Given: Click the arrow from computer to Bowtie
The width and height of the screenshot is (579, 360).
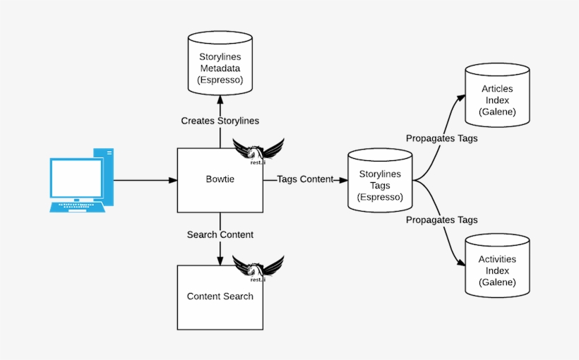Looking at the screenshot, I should coord(145,180).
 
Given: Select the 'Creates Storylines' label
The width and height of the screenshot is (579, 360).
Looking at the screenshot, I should coord(220,121).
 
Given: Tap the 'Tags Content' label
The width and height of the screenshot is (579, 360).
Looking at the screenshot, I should coord(304,179).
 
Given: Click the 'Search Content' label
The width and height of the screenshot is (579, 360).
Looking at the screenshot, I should coord(220,234).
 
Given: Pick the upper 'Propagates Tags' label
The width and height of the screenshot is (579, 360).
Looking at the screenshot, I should coord(441,138).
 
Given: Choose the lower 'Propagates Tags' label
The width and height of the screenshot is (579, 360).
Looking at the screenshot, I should coord(441,220).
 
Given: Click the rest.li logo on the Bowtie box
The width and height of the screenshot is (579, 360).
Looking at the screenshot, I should coord(258,151).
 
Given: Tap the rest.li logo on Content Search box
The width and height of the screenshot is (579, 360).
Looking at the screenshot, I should coord(258,268).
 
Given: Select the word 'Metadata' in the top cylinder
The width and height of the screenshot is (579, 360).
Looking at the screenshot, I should coord(220,68).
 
